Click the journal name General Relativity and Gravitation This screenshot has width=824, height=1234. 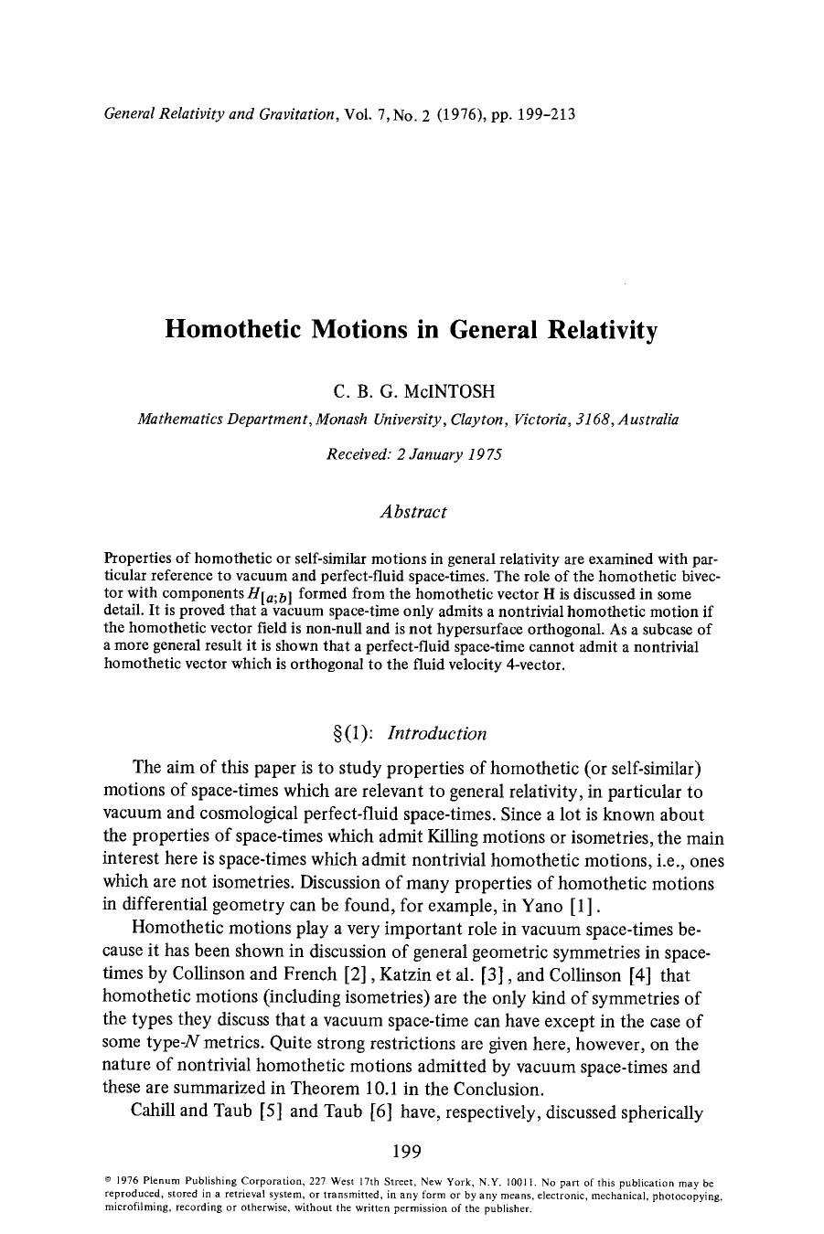click(223, 114)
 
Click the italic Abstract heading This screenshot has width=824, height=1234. click(412, 512)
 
